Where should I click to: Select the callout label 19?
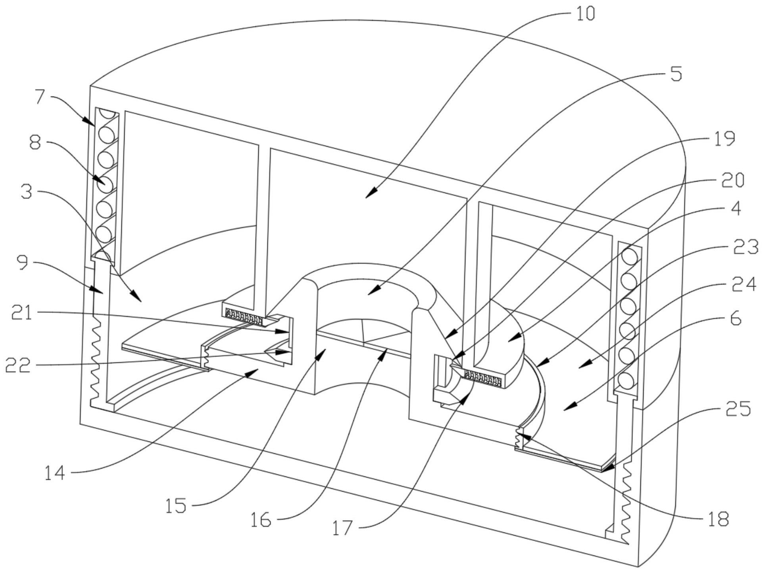(x=724, y=139)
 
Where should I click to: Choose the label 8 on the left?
(x=35, y=142)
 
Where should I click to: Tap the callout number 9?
(x=23, y=263)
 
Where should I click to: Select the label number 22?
(x=18, y=366)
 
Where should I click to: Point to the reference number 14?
(x=55, y=473)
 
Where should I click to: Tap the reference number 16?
(x=261, y=519)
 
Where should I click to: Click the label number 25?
(x=738, y=408)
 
